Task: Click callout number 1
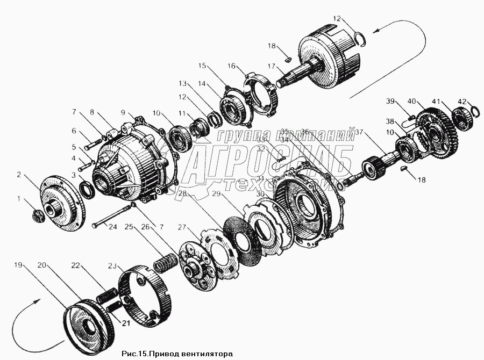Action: [20, 199]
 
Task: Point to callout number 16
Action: [232, 66]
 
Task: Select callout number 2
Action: [18, 174]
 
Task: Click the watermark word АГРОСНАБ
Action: [269, 161]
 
